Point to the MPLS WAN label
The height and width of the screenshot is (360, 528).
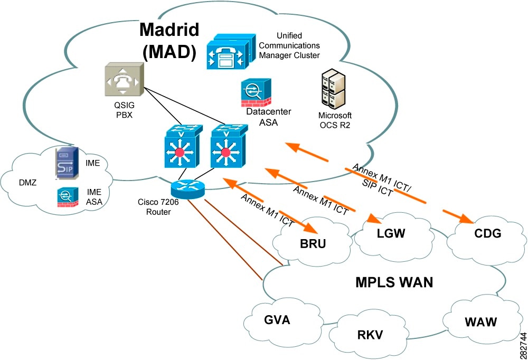(x=394, y=282)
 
